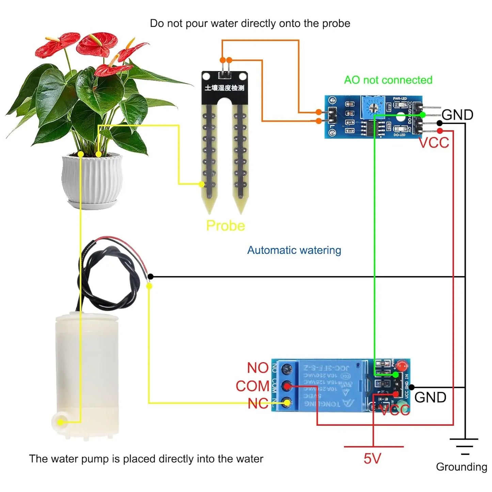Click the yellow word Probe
pyautogui.click(x=225, y=226)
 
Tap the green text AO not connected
pyautogui.click(x=388, y=80)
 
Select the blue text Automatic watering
pyautogui.click(x=294, y=250)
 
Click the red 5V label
pyautogui.click(x=372, y=459)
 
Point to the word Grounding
pyautogui.click(x=461, y=467)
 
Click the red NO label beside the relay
pyautogui.click(x=258, y=368)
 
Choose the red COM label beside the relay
pyautogui.click(x=252, y=386)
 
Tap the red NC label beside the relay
pyautogui.click(x=258, y=404)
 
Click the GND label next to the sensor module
pyautogui.click(x=457, y=115)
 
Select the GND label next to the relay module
pyautogui.click(x=430, y=397)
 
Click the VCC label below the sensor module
pyautogui.click(x=434, y=143)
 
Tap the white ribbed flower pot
pyautogui.click(x=92, y=180)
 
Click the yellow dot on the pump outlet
pyautogui.click(x=60, y=422)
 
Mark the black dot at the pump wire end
pyautogui.click(x=150, y=277)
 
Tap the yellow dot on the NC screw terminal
pyautogui.click(x=287, y=403)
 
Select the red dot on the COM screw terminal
pyautogui.click(x=287, y=386)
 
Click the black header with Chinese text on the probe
pyautogui.click(x=224, y=88)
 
